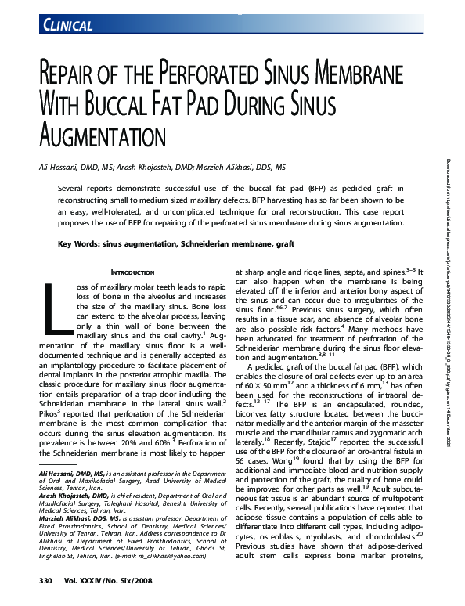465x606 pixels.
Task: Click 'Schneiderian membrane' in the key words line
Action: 224,244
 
